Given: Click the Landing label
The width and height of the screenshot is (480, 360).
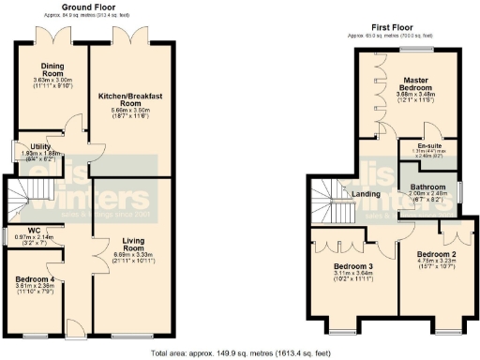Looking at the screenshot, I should pos(366,195).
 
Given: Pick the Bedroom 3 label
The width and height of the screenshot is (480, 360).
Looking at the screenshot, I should pos(352,267).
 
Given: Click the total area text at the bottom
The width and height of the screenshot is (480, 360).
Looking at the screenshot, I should pos(240,352).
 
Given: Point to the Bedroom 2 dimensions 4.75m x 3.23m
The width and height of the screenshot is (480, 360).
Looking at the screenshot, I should pos(435,263).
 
